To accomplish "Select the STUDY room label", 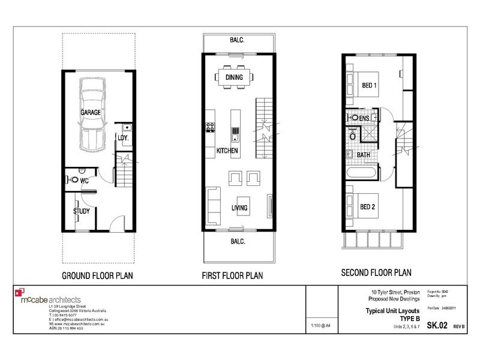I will pos(81,211).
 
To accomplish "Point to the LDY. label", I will pos(124,139).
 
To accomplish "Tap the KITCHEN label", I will pos(226,150).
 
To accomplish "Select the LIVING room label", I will pos(242,208).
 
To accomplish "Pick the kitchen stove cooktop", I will pos(211,128).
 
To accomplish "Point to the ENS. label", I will pos(365,119).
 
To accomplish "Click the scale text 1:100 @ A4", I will pos(320,327).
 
